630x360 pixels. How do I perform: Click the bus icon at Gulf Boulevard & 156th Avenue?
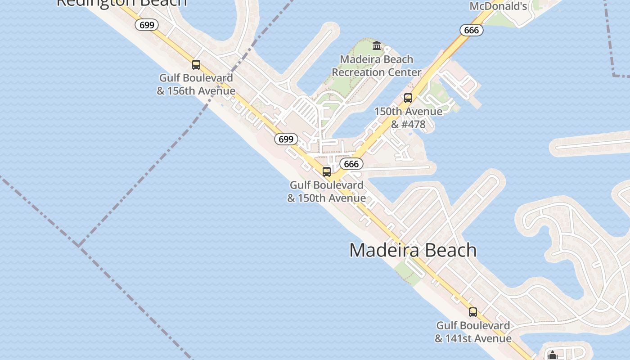196,65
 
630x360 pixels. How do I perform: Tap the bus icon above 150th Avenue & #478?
408,98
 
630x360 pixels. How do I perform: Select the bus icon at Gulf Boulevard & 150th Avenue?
327,172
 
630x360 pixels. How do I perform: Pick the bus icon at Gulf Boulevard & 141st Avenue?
473,312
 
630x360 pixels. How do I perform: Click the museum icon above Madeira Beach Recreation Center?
377,45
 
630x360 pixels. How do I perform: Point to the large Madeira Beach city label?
413,250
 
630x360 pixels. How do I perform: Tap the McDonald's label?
498,6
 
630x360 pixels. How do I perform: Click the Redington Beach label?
121,3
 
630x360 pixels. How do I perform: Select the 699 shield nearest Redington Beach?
147,25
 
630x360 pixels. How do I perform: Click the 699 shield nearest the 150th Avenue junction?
286,139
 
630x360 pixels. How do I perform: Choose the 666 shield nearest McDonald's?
471,30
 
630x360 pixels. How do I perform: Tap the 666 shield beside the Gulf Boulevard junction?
351,164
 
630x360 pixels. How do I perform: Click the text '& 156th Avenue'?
196,91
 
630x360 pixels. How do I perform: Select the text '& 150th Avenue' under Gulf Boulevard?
327,198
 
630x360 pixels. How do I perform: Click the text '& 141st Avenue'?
473,338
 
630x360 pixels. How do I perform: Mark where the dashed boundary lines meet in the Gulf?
79,245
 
